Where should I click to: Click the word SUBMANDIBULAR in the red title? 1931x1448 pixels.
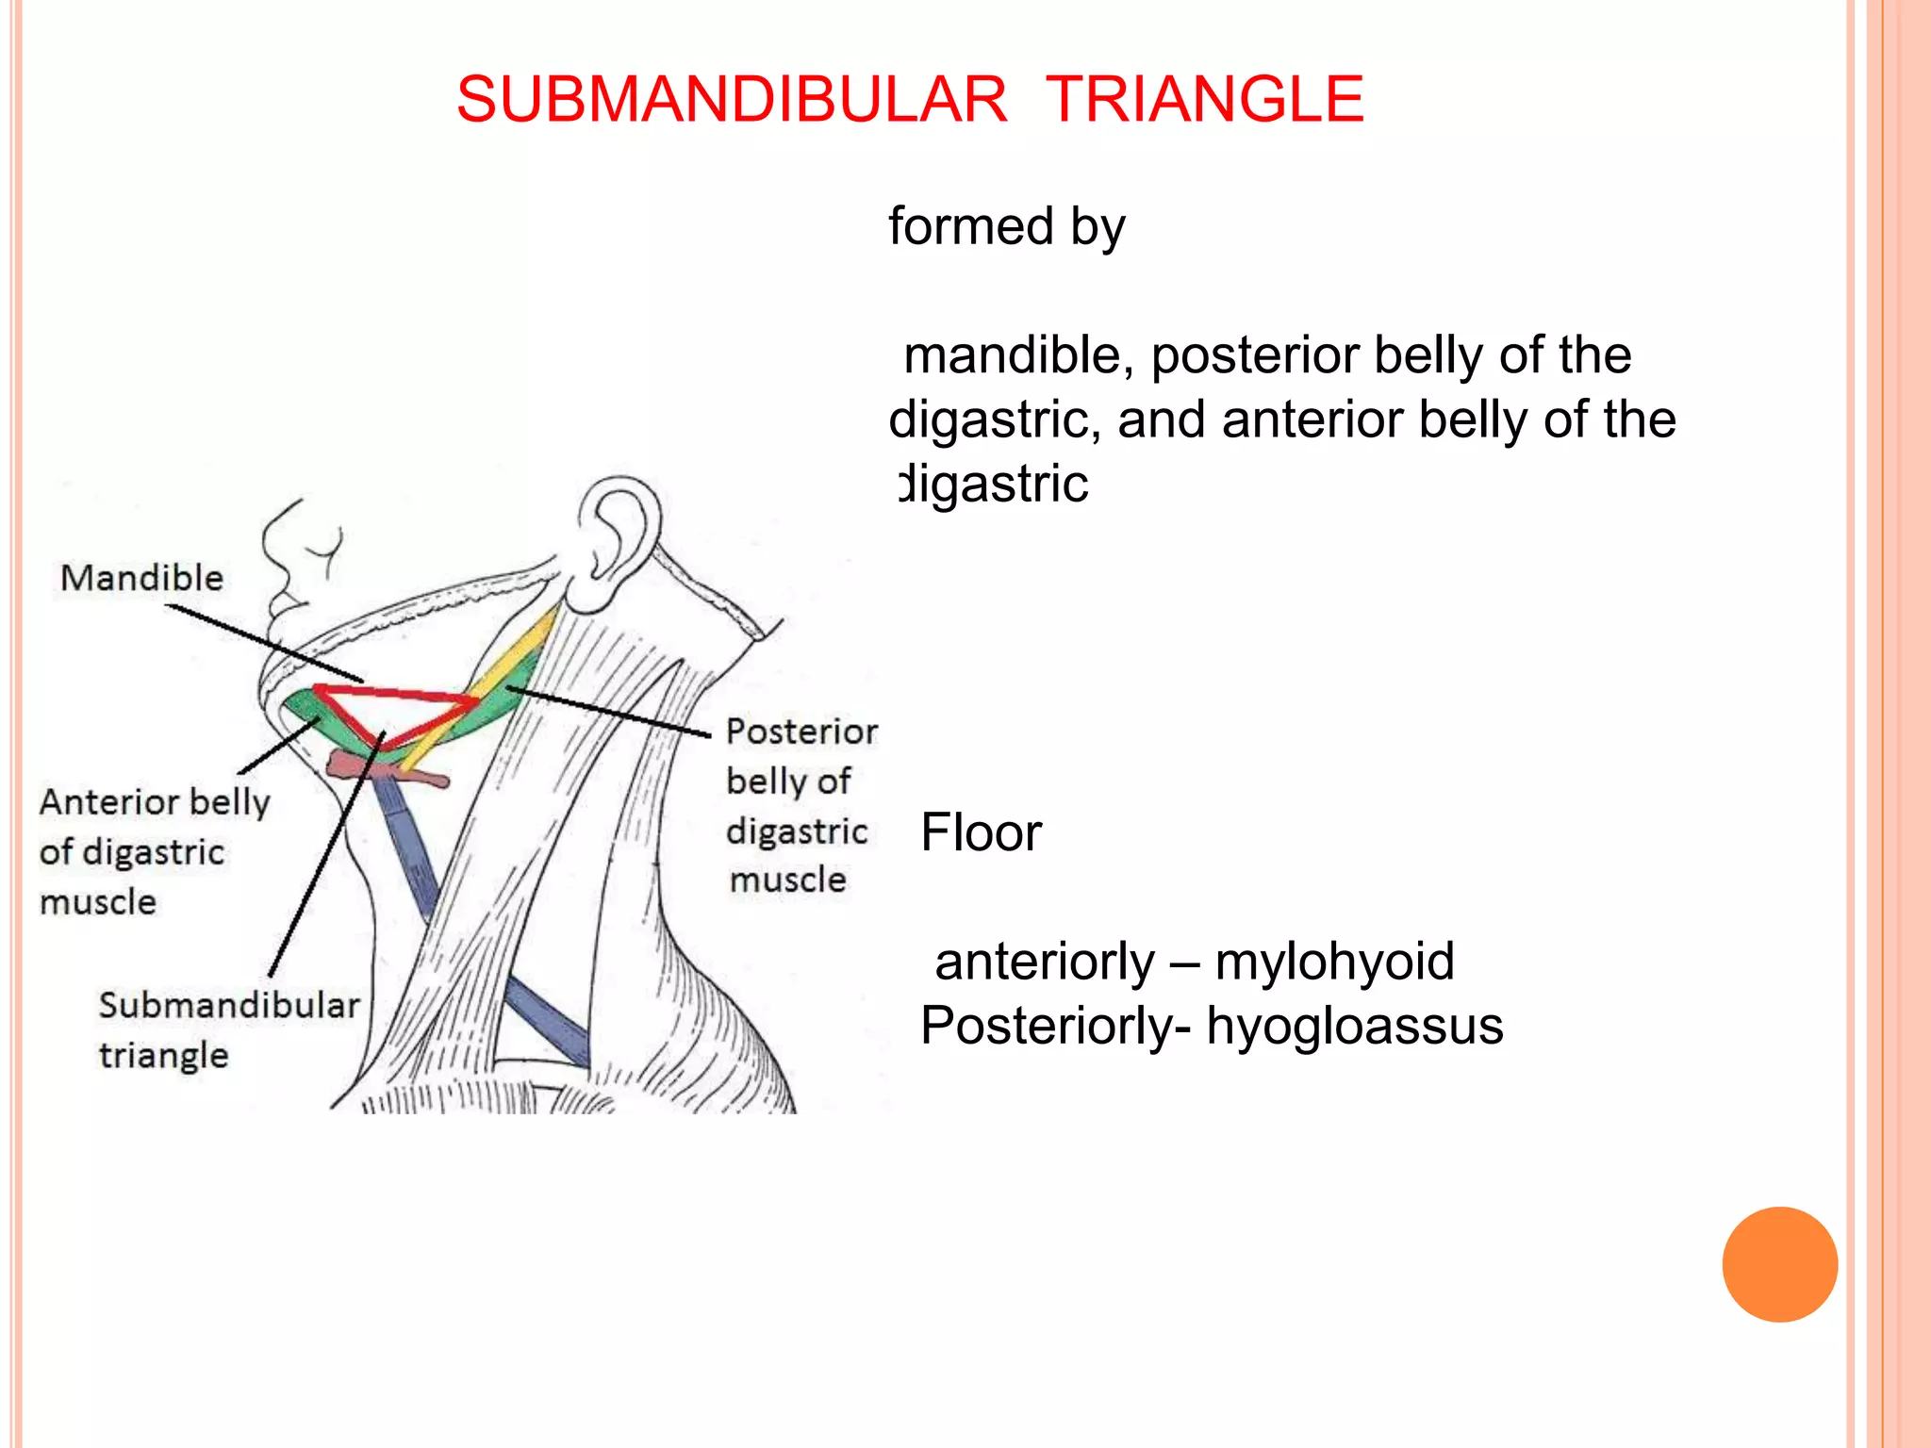tap(732, 99)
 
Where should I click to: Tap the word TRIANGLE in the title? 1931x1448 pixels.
tap(1204, 99)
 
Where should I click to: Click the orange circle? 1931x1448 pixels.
tap(1779, 1264)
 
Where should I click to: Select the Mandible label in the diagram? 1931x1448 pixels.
tap(141, 578)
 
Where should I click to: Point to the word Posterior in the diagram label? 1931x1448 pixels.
tap(801, 732)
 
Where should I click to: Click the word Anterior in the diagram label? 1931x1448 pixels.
tap(109, 802)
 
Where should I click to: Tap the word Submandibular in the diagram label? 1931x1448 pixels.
tap(229, 1005)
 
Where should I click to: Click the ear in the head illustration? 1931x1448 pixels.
tap(618, 537)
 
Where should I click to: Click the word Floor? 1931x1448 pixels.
tap(981, 833)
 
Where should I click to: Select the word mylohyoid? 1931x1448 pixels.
tap(1334, 963)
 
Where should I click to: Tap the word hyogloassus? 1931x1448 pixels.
tap(1354, 1027)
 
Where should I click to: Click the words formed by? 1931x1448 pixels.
tap(1007, 227)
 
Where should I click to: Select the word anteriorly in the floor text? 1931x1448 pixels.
tap(1044, 963)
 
